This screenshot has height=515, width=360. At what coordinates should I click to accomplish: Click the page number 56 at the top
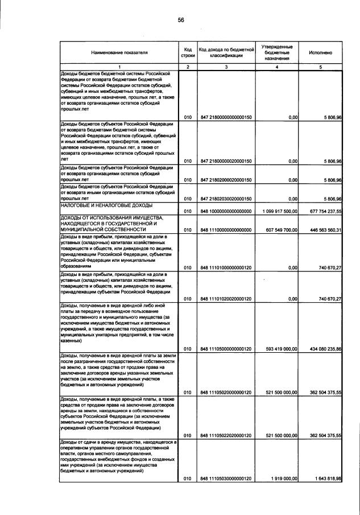pos(181,19)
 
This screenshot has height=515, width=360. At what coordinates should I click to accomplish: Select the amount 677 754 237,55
pos(321,211)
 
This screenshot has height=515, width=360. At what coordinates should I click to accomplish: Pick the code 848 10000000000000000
pos(226,211)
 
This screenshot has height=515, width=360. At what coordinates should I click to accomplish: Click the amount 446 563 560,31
pos(321,230)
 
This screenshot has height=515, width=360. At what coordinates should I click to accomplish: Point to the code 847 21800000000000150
pos(226,117)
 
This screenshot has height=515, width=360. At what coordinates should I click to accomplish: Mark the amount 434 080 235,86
pos(321,348)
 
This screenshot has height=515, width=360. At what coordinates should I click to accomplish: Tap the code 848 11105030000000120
pos(226,479)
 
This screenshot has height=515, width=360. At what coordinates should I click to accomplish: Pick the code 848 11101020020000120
pos(226,299)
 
